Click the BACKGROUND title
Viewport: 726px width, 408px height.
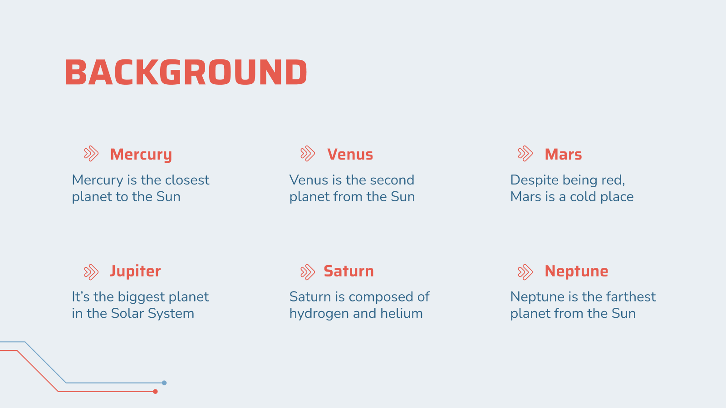186,72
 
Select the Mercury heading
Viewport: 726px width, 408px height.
141,155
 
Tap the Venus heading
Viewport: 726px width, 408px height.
350,155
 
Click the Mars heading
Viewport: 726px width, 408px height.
563,155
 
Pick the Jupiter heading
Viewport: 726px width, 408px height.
136,272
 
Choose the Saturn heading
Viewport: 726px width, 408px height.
349,272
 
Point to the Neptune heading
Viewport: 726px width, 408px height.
576,272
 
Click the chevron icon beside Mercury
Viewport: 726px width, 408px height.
91,154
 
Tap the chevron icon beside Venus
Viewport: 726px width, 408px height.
308,154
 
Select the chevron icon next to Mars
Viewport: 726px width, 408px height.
525,154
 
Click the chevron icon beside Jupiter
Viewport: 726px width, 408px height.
91,272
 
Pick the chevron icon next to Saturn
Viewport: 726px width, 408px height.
308,272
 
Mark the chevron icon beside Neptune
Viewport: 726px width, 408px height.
525,272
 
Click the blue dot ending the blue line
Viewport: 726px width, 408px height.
164,383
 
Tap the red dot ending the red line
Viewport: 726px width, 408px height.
155,392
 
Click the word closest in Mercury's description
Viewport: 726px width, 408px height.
187,180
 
